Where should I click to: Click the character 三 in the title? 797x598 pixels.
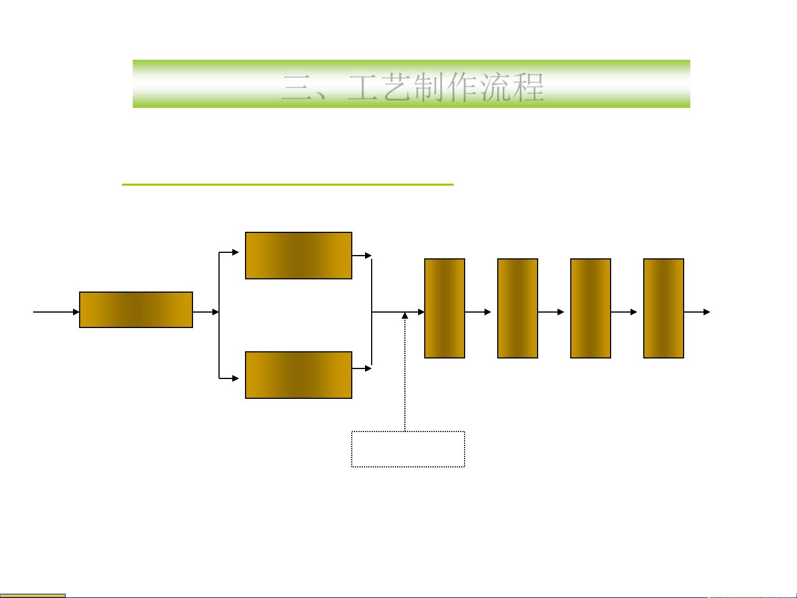tap(298, 87)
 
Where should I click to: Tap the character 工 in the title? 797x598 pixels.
tap(363, 87)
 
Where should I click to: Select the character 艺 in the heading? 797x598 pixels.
tap(397, 87)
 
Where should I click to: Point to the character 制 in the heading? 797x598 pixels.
tap(430, 87)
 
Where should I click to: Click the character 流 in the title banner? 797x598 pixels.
tap(496, 87)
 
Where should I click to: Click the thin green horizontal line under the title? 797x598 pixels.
tap(288, 184)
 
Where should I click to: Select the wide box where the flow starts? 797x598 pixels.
tap(136, 310)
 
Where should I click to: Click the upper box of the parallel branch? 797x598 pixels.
tap(299, 256)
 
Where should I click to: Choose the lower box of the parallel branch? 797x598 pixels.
tap(299, 375)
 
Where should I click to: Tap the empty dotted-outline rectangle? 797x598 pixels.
tap(408, 449)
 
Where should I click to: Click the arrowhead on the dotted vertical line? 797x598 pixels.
tap(405, 315)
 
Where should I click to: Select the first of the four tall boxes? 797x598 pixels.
tap(445, 308)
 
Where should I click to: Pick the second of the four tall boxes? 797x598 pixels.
tap(518, 308)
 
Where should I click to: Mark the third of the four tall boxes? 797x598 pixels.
tap(591, 308)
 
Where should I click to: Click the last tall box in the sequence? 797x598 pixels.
tap(664, 308)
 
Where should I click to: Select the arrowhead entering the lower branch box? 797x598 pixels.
tap(236, 378)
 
